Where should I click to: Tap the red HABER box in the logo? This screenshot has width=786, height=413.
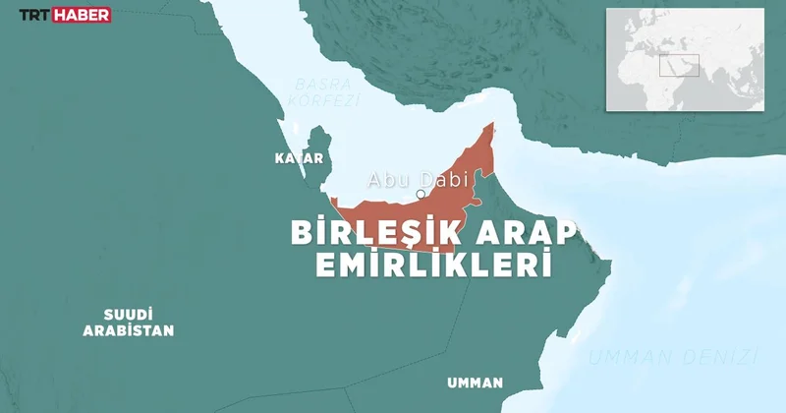pyautogui.click(x=82, y=16)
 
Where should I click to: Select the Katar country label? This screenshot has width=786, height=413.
pyautogui.click(x=298, y=157)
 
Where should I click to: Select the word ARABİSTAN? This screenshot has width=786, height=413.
pyautogui.click(x=128, y=331)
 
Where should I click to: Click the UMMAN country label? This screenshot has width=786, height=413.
pyautogui.click(x=474, y=383)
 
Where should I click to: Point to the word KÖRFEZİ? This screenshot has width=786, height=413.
pyautogui.click(x=327, y=100)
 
